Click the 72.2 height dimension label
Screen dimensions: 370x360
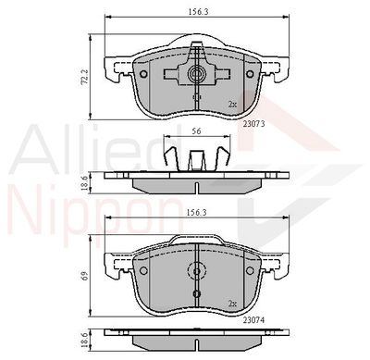(86, 77)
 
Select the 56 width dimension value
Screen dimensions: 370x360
(196, 131)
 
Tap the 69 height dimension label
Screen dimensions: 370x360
(86, 275)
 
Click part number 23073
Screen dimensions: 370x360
(254, 124)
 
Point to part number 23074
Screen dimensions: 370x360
(253, 320)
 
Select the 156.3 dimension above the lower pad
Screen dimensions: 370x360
(198, 212)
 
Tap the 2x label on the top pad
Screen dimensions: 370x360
(232, 105)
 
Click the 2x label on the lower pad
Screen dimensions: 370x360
(232, 304)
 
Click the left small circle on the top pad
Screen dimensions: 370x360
(143, 74)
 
